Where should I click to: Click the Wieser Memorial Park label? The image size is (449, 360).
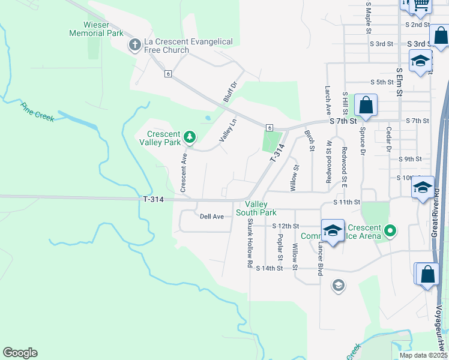point(96,29)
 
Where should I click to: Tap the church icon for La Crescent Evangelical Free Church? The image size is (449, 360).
point(135,45)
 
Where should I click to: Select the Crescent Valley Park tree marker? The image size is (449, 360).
point(190,137)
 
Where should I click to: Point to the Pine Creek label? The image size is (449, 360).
point(37,112)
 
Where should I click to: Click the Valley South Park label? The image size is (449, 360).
point(256,208)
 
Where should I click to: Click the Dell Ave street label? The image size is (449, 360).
point(211,216)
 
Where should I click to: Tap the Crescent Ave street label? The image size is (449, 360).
point(184,172)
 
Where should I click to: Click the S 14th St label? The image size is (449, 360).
point(269,268)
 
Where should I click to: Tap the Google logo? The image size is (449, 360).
point(20,353)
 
